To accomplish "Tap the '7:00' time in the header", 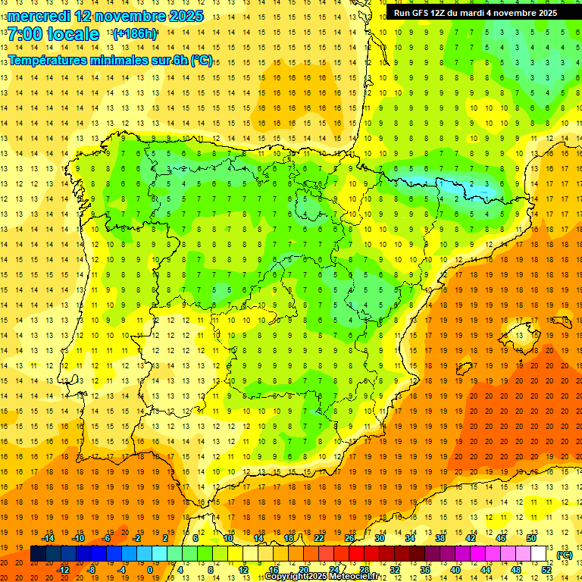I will tap(26, 35).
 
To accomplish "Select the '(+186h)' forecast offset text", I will tap(135, 34).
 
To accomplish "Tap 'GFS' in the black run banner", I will tap(423, 13).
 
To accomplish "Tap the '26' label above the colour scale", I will tap(349, 538).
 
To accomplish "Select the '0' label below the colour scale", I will tap(150, 570).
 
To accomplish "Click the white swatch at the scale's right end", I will tap(538, 554).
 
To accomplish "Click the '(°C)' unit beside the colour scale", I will tap(564, 555).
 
